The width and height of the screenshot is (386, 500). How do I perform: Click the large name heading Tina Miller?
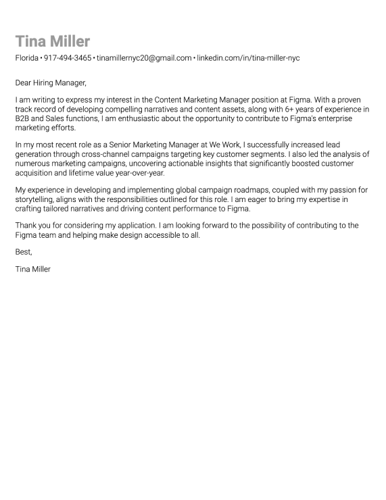tap(53, 42)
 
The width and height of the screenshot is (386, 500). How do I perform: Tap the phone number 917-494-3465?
tap(68, 58)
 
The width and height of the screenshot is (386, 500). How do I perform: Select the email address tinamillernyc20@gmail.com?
tap(144, 58)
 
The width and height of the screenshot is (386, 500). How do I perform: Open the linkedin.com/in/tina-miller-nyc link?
tap(248, 58)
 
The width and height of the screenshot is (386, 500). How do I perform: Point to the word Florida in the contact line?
tap(27, 58)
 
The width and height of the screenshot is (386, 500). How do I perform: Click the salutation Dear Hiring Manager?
tap(51, 83)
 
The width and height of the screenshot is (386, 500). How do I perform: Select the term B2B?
tap(24, 118)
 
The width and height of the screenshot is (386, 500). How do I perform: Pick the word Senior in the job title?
tap(117, 145)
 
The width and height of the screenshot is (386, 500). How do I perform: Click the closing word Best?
tap(24, 252)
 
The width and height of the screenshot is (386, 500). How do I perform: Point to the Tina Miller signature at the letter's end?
tap(32, 269)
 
